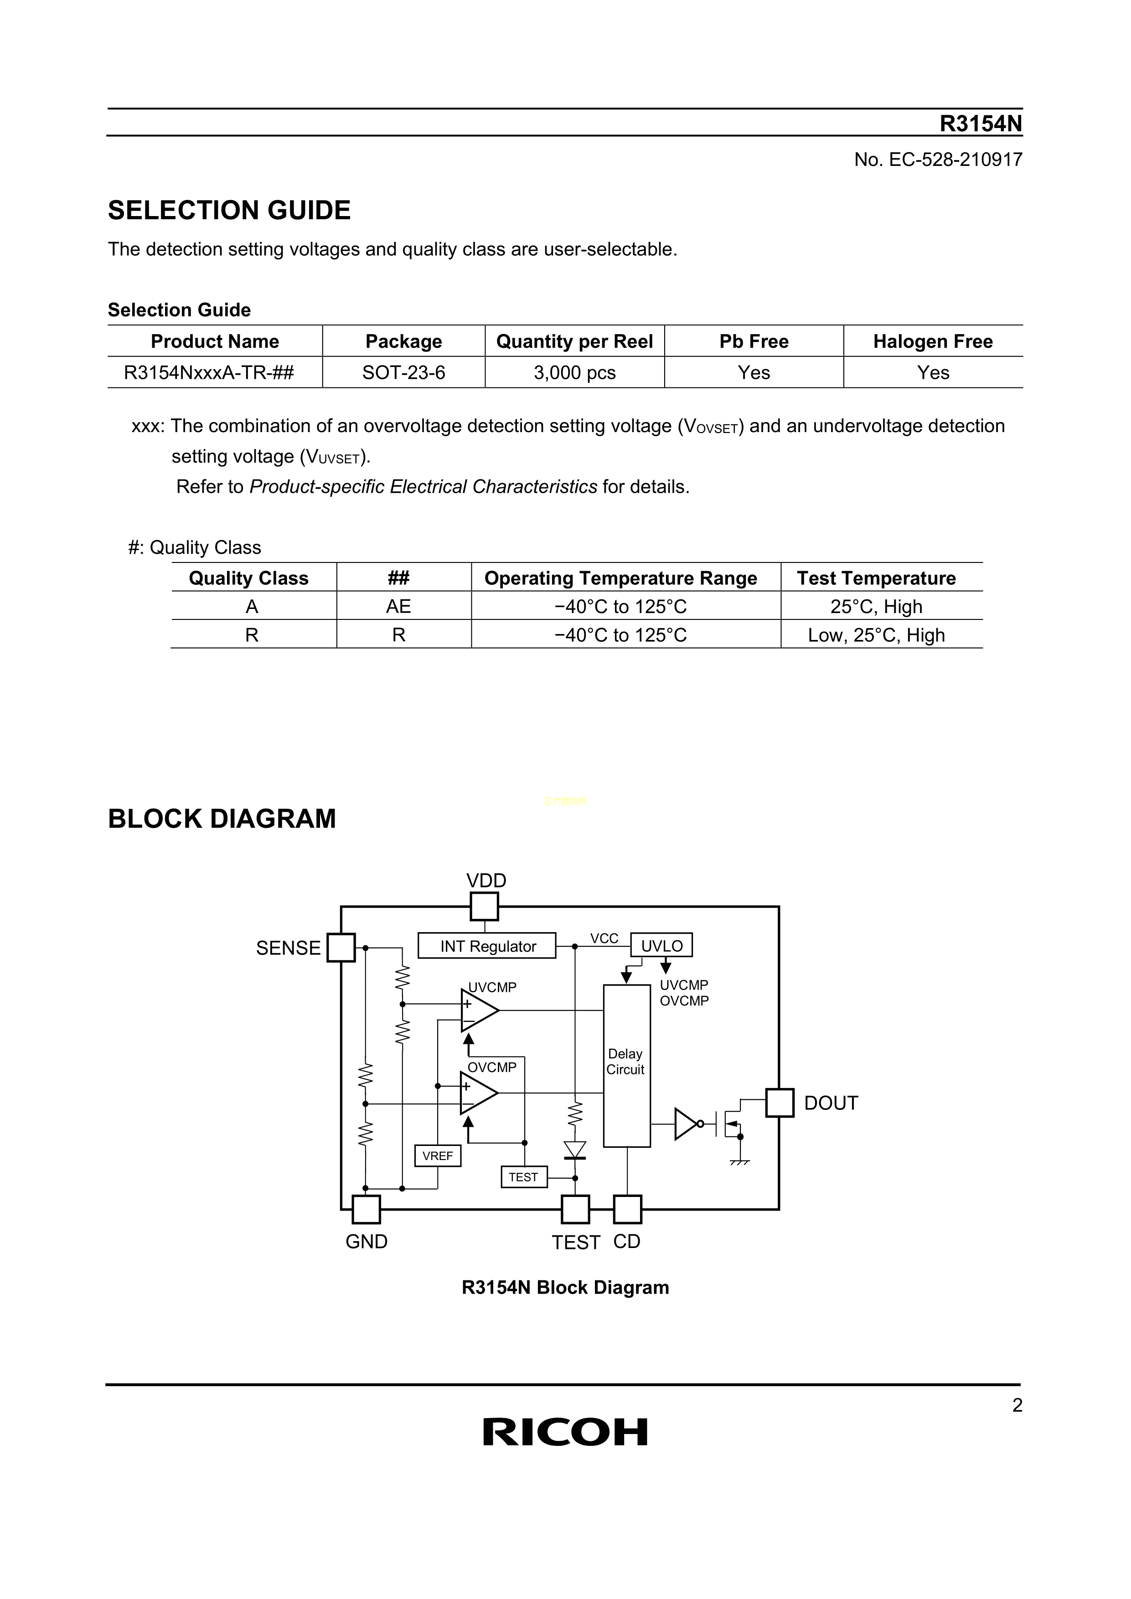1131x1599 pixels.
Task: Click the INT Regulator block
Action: (x=487, y=946)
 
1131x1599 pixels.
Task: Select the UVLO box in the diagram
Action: (x=661, y=945)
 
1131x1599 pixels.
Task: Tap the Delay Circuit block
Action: (x=626, y=1066)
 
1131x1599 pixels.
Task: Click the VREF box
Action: (x=437, y=1155)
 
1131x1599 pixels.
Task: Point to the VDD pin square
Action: (x=485, y=907)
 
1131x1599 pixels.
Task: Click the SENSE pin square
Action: (x=341, y=948)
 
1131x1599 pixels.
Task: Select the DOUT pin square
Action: (x=780, y=1103)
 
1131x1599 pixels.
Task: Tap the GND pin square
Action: (x=367, y=1210)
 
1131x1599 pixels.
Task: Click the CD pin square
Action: (x=627, y=1210)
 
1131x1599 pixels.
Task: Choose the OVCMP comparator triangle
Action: (x=478, y=1094)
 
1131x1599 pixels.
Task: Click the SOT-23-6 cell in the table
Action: (x=403, y=372)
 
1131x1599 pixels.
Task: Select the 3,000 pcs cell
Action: (x=574, y=372)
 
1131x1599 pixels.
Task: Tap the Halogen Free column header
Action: (x=933, y=341)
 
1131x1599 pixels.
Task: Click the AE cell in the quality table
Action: (x=398, y=607)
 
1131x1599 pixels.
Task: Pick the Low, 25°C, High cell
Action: (x=876, y=635)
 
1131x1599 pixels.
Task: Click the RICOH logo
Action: (x=565, y=1433)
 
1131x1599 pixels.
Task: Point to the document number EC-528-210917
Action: (x=938, y=160)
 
